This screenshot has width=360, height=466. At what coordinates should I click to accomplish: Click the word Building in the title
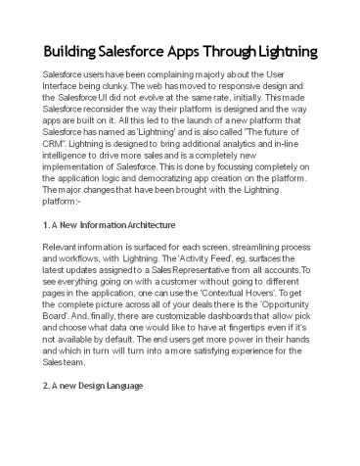[x=67, y=51]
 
